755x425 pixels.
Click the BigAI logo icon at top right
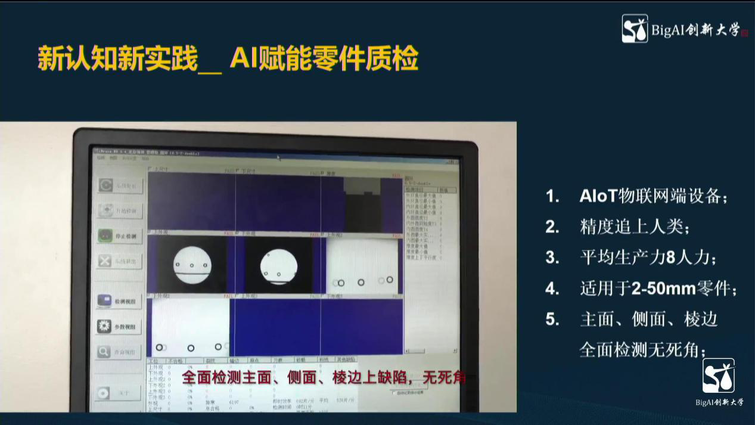point(635,29)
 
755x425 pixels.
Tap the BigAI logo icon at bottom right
point(718,376)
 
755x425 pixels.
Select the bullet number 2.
point(552,227)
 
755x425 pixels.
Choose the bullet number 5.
point(552,319)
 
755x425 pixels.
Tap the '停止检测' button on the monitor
point(120,235)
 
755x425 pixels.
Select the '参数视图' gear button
point(120,326)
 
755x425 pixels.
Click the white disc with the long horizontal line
point(192,265)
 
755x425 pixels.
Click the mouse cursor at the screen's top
point(278,157)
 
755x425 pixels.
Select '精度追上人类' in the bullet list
point(634,227)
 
